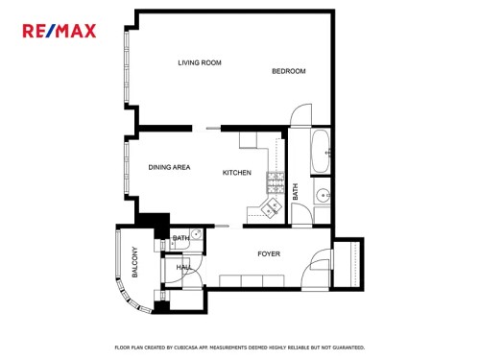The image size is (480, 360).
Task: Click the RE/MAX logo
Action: click(60, 31)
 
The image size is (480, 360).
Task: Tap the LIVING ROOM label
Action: click(200, 62)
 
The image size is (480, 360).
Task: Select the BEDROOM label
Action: click(289, 71)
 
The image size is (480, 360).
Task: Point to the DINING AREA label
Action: click(169, 167)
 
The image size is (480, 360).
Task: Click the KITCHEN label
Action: click(237, 173)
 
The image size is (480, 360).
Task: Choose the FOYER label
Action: click(269, 253)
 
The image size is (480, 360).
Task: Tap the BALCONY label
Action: click(134, 262)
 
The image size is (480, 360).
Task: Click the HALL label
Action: click(184, 267)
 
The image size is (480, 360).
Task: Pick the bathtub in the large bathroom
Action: click(321, 152)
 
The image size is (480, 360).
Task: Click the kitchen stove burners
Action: click(276, 182)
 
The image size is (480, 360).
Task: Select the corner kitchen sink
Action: click(271, 207)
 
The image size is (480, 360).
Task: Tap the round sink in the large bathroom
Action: click(323, 195)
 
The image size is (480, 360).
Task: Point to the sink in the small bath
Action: click(196, 234)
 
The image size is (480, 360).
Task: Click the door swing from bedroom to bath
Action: click(300, 114)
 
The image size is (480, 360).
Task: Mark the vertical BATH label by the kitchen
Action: click(295, 192)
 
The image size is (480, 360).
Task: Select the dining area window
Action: click(127, 167)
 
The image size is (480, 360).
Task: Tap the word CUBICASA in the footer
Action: click(186, 348)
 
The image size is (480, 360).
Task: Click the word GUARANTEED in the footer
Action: click(348, 348)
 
